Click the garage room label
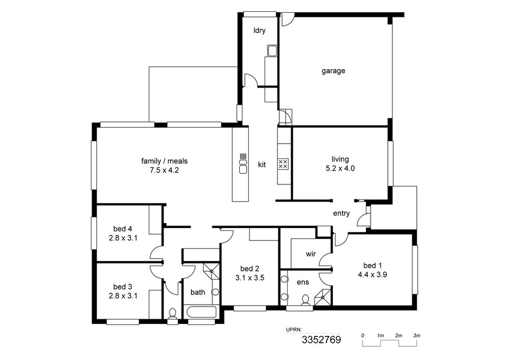click(333, 71)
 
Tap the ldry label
click(260, 31)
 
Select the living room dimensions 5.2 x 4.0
click(340, 168)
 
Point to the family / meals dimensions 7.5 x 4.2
click(164, 170)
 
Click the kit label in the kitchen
click(262, 164)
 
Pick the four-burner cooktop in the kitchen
click(282, 163)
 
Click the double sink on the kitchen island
click(243, 165)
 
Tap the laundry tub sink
click(272, 50)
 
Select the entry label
click(341, 213)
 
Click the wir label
click(310, 254)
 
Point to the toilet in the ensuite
click(305, 300)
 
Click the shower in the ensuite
click(322, 296)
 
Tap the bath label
click(197, 292)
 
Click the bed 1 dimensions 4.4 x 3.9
click(373, 274)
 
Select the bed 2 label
click(249, 269)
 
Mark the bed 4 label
click(123, 229)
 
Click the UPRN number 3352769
click(321, 340)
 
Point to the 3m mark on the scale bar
click(417, 336)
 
